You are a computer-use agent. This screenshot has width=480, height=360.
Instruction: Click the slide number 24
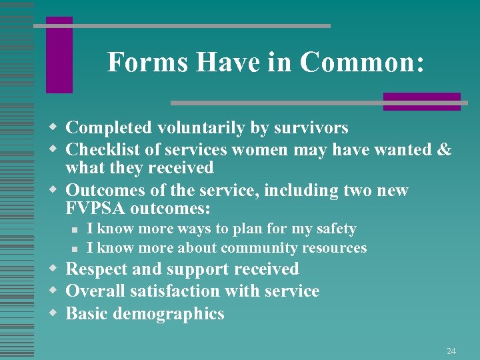[x=451, y=351]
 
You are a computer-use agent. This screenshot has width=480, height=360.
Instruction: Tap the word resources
[x=334, y=248]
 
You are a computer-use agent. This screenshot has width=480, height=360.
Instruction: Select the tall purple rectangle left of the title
[x=59, y=55]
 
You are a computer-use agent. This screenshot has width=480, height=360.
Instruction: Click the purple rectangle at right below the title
[x=421, y=101]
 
